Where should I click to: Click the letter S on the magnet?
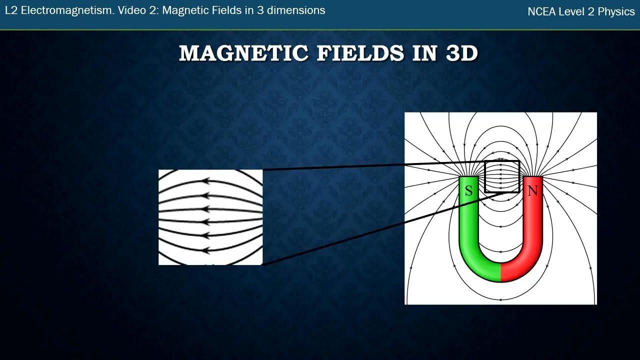(x=468, y=190)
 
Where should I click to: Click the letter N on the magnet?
(x=532, y=190)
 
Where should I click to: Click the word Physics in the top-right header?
(x=616, y=12)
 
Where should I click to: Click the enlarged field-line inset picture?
(x=210, y=217)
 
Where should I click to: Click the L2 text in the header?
(x=11, y=10)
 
